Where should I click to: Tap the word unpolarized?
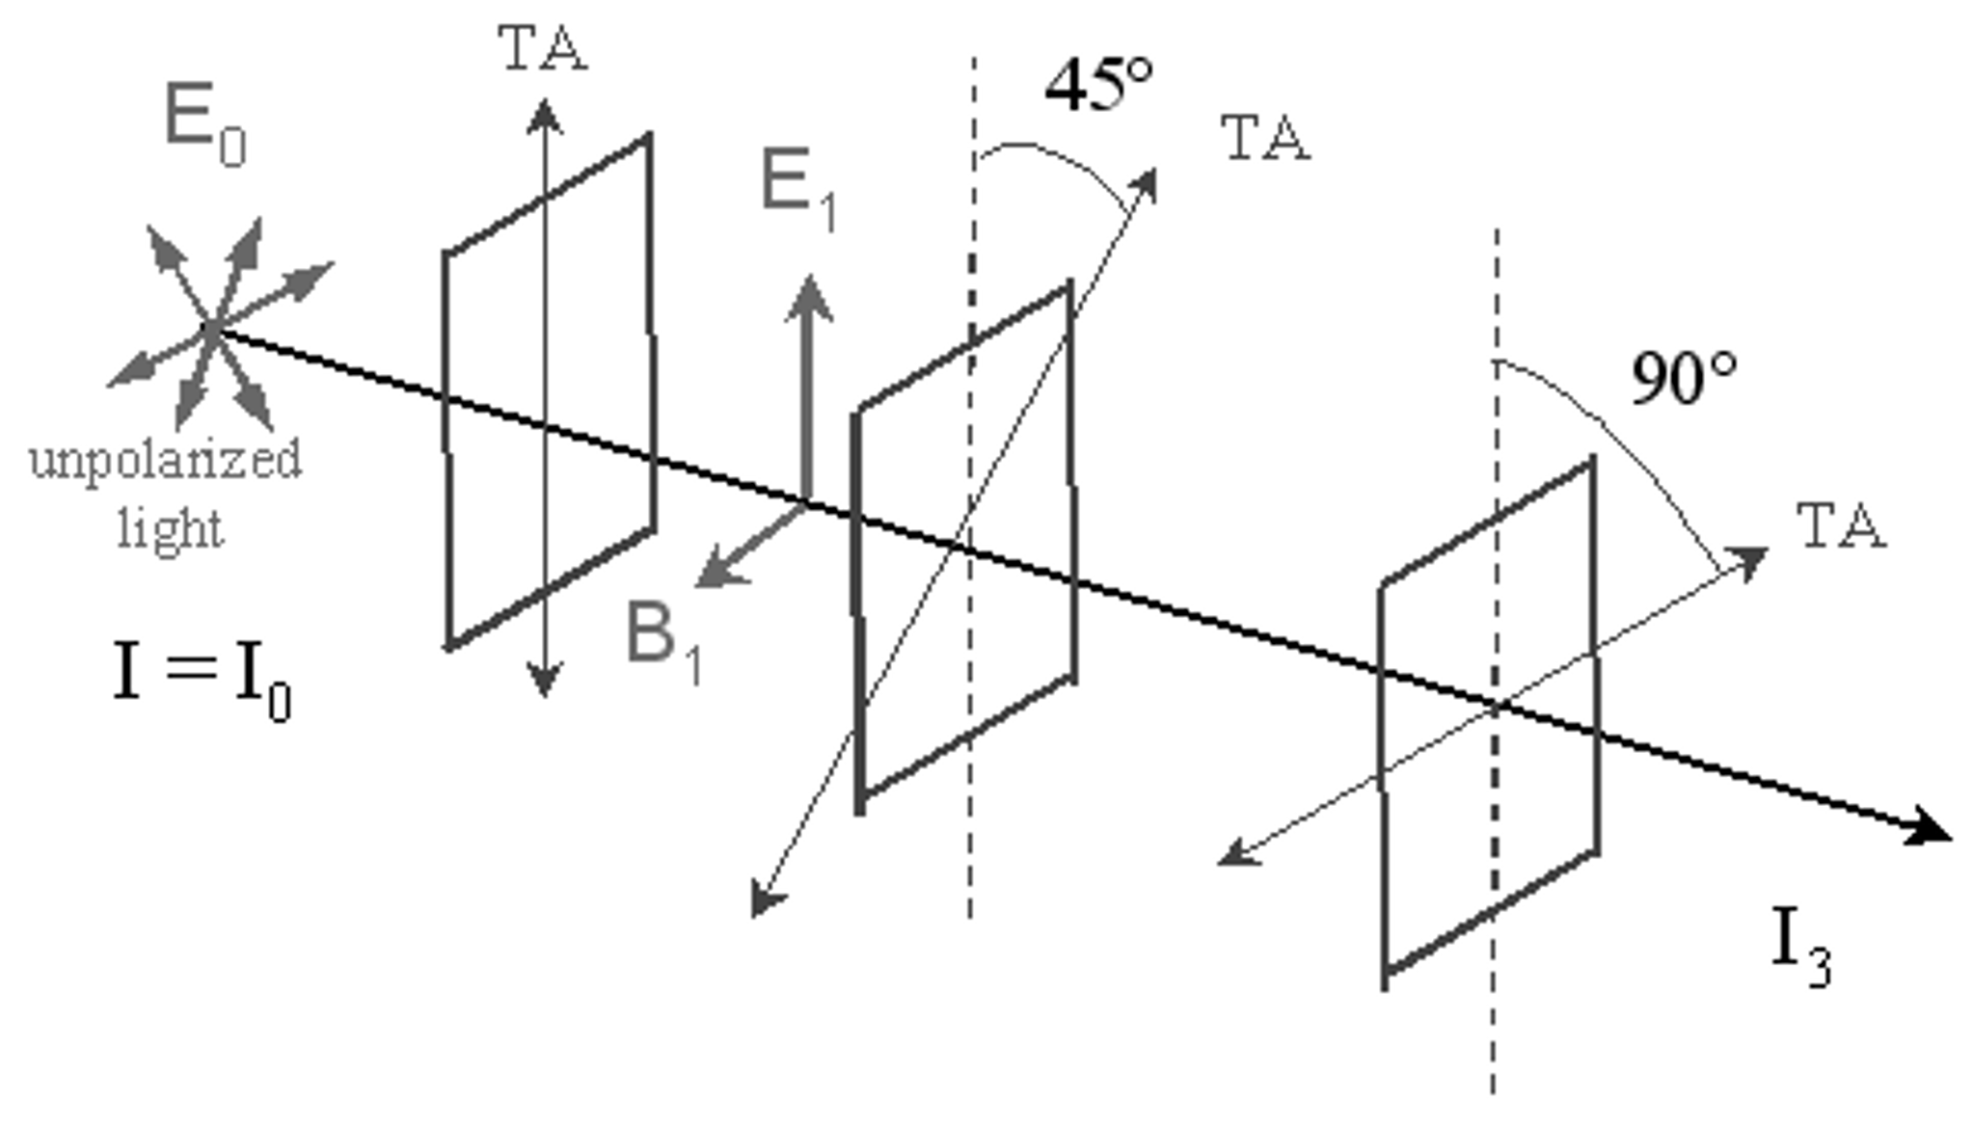(x=166, y=460)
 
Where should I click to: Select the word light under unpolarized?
(x=171, y=529)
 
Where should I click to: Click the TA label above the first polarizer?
(x=542, y=48)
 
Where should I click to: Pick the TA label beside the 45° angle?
(x=1265, y=138)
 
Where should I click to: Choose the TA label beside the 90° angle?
(x=1840, y=526)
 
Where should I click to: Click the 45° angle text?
(x=1099, y=85)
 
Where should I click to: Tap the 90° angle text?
(x=1684, y=379)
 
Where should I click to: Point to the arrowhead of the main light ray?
(x=1932, y=830)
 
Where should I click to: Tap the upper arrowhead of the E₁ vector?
(x=808, y=291)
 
